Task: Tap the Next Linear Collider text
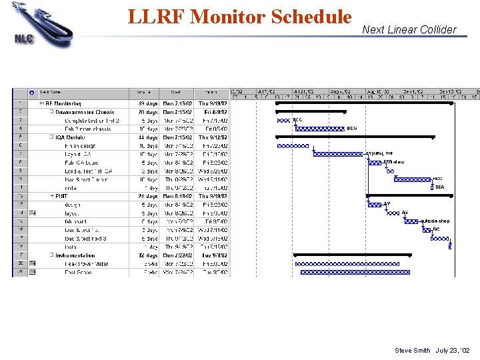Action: pyautogui.click(x=409, y=29)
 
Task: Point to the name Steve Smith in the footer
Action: pyautogui.click(x=413, y=351)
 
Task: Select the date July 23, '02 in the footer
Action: pyautogui.click(x=453, y=351)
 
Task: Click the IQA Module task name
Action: pyautogui.click(x=71, y=137)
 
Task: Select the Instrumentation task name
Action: pyautogui.click(x=75, y=255)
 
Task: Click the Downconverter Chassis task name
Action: pyautogui.click(x=85, y=112)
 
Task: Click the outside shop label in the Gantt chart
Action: pyautogui.click(x=435, y=221)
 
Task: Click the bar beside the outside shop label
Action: pyautogui.click(x=412, y=221)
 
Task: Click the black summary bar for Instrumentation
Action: pyautogui.click(x=353, y=255)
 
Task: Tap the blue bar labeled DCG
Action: pyautogui.click(x=320, y=129)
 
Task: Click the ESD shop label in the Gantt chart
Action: pyautogui.click(x=393, y=162)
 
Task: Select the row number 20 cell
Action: pyautogui.click(x=20, y=263)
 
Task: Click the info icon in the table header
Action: pyautogui.click(x=32, y=92)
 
